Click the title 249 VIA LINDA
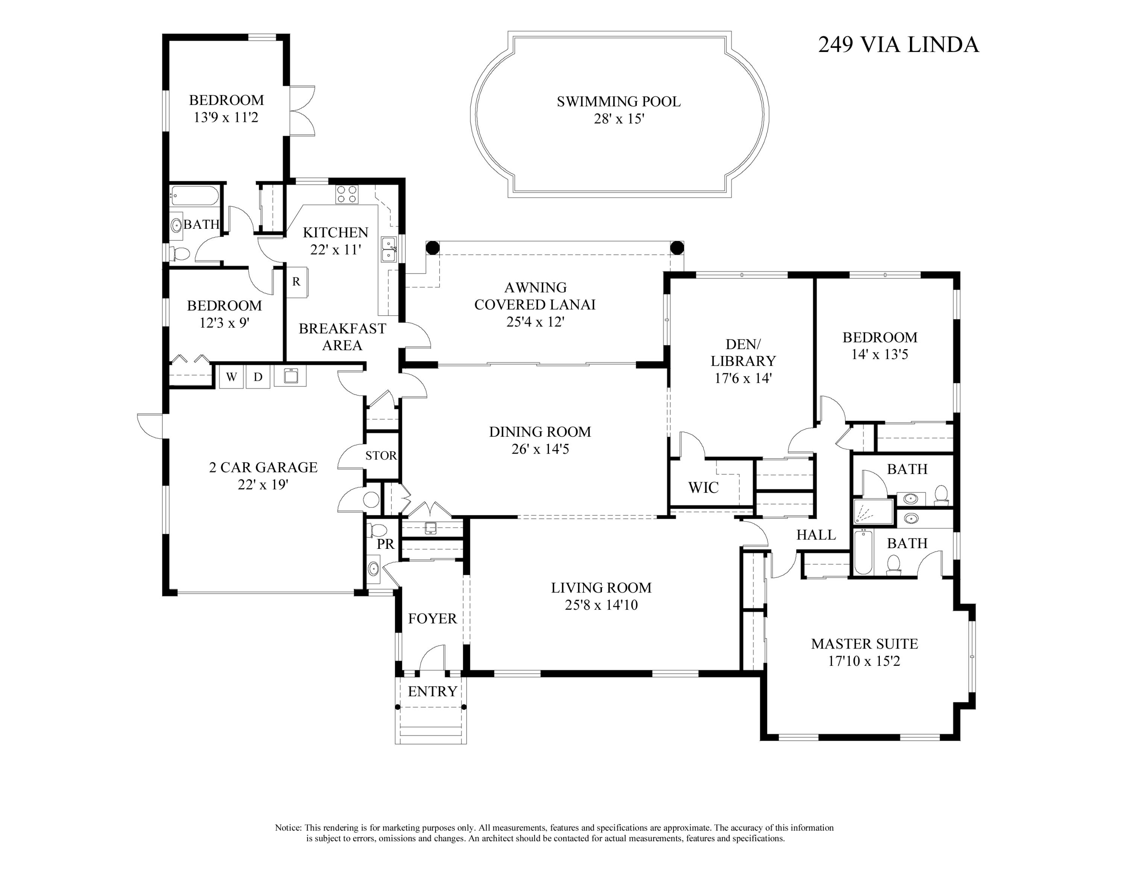coord(898,44)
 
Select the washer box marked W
coord(231,377)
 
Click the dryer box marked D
coord(258,377)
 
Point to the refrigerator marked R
coord(297,282)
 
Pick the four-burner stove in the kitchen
coord(347,194)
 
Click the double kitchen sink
coord(388,249)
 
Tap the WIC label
coord(703,487)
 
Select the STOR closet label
coord(381,455)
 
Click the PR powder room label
coord(385,544)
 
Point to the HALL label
coord(816,535)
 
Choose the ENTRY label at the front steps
coord(432,691)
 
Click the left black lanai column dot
coord(433,248)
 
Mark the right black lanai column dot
coord(676,248)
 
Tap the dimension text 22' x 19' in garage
coord(263,485)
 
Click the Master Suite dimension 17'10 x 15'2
coord(864,661)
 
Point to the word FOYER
coord(432,618)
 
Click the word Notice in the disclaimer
coord(288,828)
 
